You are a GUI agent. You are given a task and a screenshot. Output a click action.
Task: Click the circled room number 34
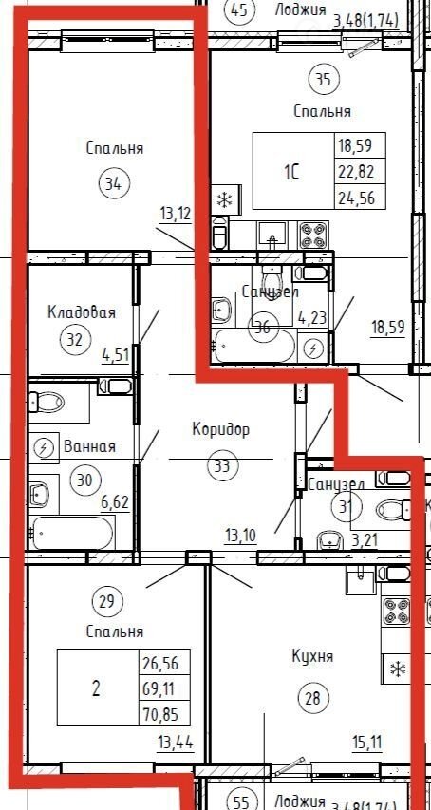coord(115,184)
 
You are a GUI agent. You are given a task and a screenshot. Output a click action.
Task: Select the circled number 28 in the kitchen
coord(312,698)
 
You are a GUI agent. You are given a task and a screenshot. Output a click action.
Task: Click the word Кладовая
coord(81,312)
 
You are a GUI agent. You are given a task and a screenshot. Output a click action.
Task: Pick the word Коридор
coord(220,429)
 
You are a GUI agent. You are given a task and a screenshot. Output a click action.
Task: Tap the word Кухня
coord(312,656)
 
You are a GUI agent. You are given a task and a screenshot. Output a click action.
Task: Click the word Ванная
coord(89,446)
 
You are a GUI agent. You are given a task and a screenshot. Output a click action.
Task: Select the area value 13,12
coord(176,214)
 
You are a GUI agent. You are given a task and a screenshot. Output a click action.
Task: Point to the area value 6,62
coord(115,502)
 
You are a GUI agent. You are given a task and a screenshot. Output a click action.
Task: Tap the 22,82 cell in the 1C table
coord(355,171)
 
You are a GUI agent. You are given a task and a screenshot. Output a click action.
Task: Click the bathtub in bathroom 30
coord(71,533)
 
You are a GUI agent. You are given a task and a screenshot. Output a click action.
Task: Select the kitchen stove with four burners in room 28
coord(396,612)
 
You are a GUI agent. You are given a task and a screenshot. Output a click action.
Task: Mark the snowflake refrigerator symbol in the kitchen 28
coord(397,669)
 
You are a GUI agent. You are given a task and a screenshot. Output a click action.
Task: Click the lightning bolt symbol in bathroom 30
coord(44,447)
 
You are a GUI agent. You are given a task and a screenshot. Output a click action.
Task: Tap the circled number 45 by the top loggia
coord(238,9)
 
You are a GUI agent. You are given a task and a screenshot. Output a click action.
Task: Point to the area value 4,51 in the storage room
coord(115,355)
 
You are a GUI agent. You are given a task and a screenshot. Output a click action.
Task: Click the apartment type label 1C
coord(291,171)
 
